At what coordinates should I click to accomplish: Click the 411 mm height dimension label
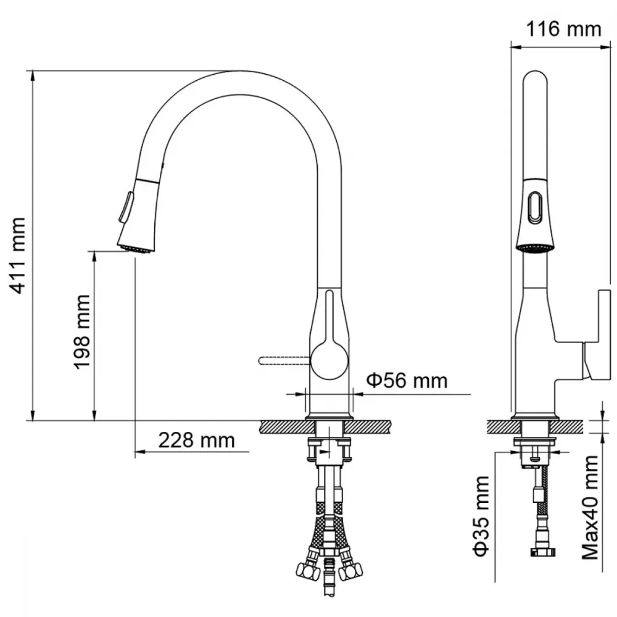pyautogui.click(x=18, y=256)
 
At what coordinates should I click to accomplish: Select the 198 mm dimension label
pyautogui.click(x=83, y=332)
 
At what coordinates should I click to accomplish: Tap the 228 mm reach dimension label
pyautogui.click(x=196, y=440)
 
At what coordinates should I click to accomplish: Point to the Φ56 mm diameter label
pyautogui.click(x=407, y=381)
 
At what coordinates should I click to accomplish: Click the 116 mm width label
pyautogui.click(x=563, y=29)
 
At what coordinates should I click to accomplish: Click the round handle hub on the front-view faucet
pyautogui.click(x=329, y=360)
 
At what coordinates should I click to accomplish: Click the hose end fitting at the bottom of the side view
pyautogui.click(x=543, y=552)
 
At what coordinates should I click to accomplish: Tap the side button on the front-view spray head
pyautogui.click(x=123, y=207)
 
